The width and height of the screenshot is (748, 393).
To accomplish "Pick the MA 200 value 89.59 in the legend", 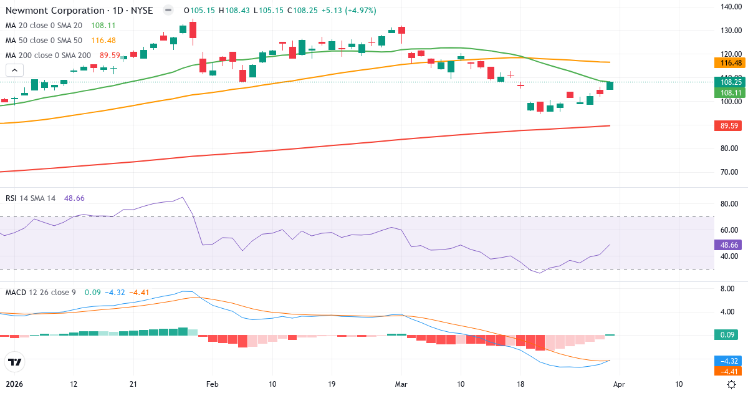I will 110,56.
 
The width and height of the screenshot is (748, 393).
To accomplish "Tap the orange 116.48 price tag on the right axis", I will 730,63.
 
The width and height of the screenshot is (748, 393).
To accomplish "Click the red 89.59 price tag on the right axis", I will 730,126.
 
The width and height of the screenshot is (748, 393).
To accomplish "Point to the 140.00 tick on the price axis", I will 730,7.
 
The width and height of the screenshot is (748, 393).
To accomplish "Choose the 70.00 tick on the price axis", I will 730,172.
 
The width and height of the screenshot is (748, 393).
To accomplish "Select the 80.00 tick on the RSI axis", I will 730,204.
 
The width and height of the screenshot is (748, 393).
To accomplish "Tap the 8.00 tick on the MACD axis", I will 727,289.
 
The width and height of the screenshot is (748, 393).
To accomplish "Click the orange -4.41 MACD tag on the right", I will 730,372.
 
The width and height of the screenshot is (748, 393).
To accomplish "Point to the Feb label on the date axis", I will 213,384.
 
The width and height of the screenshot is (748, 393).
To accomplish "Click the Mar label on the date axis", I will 401,384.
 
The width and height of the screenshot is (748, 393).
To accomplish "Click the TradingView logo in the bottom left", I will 14,362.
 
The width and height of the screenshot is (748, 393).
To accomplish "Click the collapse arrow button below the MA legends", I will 14,70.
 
